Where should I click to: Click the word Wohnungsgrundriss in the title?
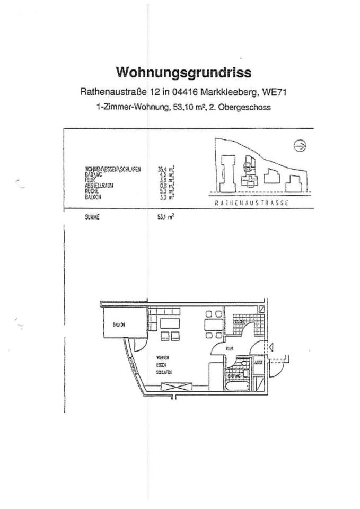point(184,72)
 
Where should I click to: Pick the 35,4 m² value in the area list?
point(166,169)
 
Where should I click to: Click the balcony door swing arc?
point(139,345)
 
